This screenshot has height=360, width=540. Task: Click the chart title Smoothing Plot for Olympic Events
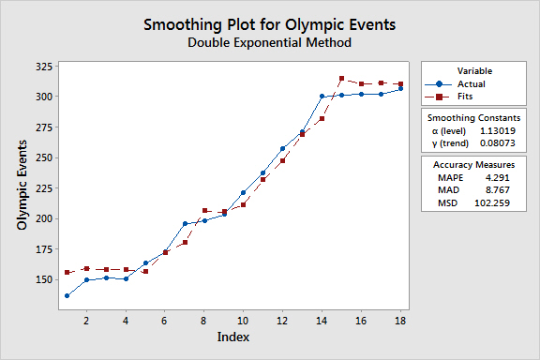[270, 24]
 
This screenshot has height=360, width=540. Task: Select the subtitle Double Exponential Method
[270, 43]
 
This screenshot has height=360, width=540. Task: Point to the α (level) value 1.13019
[498, 131]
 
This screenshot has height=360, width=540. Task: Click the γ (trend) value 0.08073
[498, 143]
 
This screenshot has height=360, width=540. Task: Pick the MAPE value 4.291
[497, 178]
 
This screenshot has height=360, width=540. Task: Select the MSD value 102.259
[492, 202]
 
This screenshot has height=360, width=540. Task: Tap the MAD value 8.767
[497, 190]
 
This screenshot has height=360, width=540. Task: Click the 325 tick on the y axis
[44, 67]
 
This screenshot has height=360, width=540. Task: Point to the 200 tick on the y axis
[44, 218]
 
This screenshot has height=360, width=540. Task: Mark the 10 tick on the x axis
[243, 321]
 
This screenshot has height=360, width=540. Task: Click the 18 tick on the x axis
[400, 321]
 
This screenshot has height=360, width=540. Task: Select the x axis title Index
[233, 337]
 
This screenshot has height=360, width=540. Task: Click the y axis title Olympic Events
[22, 185]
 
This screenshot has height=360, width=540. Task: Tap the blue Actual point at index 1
[67, 296]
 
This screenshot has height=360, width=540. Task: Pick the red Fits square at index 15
[341, 79]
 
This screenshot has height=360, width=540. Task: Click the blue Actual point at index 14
[322, 97]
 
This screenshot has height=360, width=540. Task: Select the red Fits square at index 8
[204, 211]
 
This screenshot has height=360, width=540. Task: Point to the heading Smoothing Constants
[473, 118]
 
